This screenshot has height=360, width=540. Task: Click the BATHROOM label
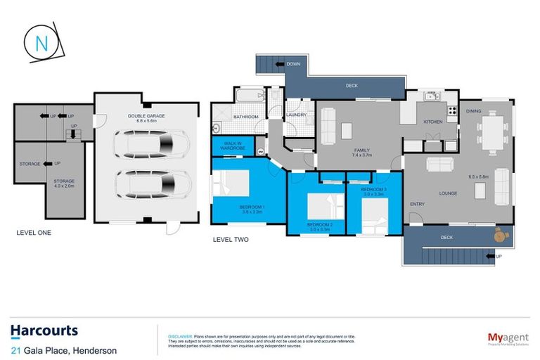coord(246,116)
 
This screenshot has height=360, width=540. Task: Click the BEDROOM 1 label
coord(252,207)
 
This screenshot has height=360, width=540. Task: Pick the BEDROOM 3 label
coord(372,191)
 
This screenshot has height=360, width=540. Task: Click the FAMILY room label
coord(361,149)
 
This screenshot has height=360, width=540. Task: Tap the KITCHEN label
coord(432,122)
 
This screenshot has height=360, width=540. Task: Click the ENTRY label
coord(417,204)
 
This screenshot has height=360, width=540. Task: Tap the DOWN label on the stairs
coord(293,65)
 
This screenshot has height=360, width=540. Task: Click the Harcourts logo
coord(44,330)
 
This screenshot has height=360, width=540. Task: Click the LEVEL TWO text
coord(231,239)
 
